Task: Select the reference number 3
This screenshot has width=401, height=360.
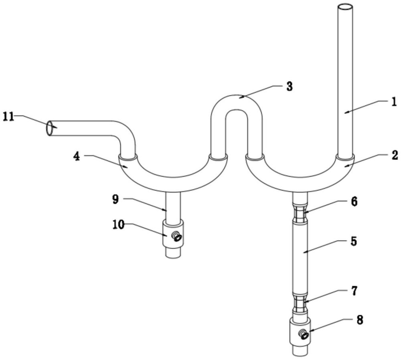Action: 290,86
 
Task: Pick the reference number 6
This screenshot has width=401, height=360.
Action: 353,201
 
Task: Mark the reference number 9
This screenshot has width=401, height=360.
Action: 115,199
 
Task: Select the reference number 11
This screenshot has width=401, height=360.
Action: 9,117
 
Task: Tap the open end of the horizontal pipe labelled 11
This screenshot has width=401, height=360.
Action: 50,128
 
